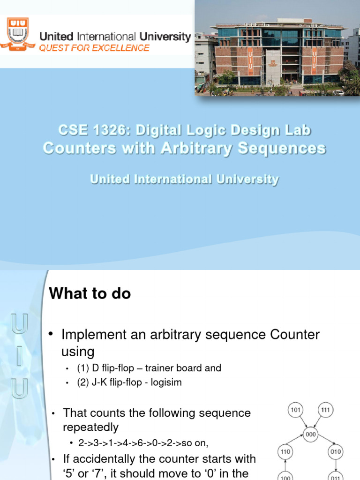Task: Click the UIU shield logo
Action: click(18, 34)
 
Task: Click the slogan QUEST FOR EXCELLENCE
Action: click(94, 48)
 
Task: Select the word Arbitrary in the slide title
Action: click(195, 148)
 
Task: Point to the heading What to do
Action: click(90, 294)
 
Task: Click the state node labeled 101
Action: click(296, 410)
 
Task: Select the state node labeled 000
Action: click(311, 434)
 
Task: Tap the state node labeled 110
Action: click(285, 452)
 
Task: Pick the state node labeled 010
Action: click(336, 452)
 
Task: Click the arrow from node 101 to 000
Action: click(302, 421)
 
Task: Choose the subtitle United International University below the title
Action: click(184, 180)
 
